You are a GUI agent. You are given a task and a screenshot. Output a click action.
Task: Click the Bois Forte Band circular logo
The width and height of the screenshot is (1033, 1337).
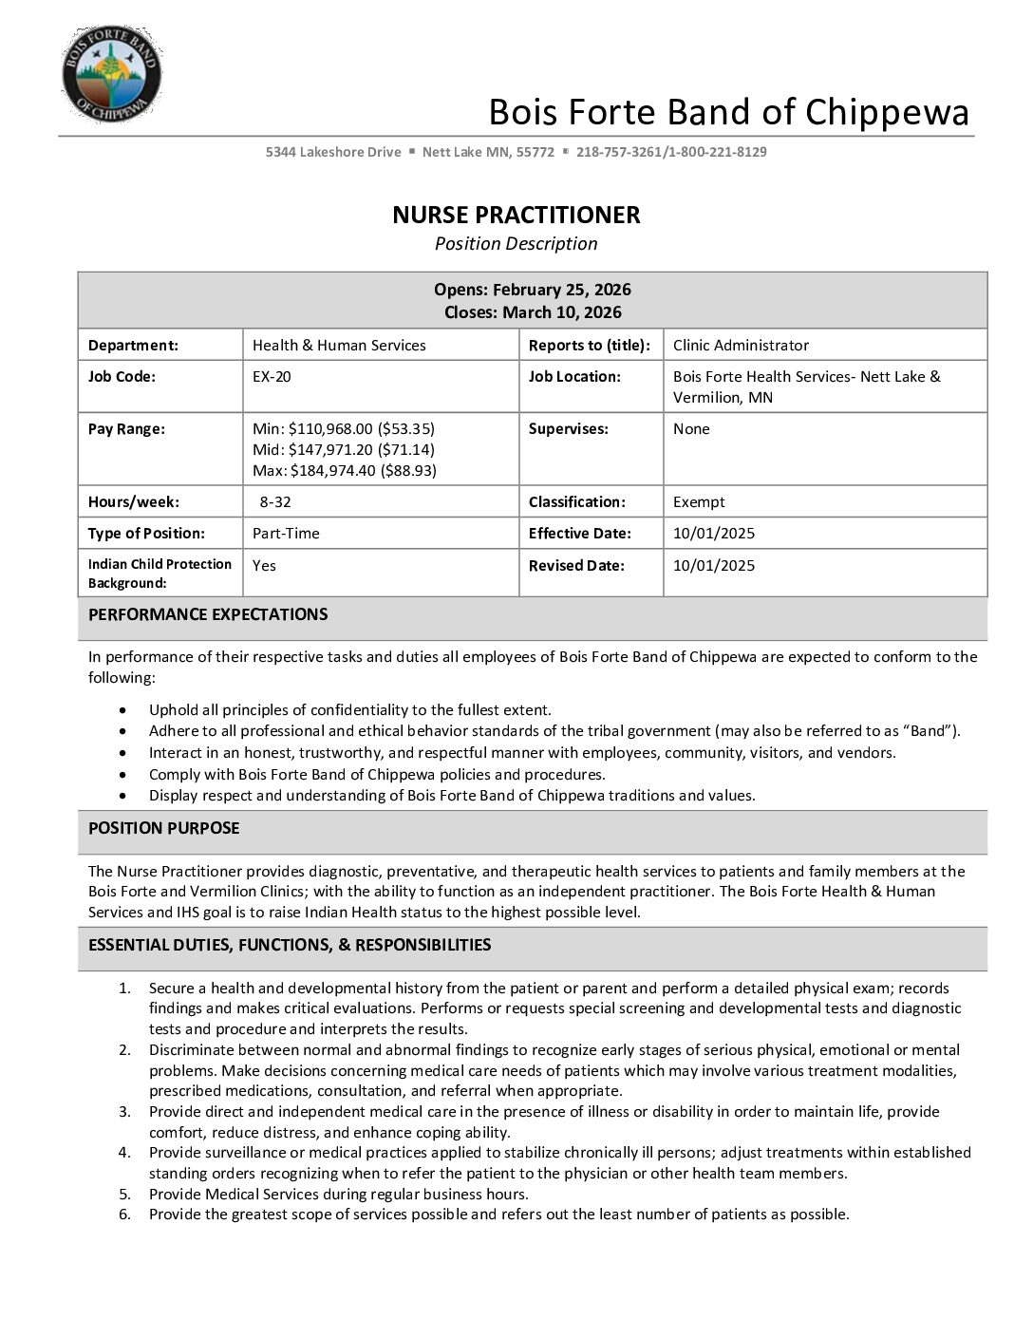pos(112,74)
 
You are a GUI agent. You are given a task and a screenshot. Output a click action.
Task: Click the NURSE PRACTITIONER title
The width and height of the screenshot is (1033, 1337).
pos(516,215)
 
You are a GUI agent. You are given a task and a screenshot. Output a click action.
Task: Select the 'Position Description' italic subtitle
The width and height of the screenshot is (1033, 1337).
pos(516,244)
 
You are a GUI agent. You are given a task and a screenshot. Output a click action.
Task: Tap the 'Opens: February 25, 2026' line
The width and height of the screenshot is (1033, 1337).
pos(532,290)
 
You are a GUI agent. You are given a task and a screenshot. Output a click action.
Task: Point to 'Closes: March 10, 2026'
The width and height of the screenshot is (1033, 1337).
pos(532,312)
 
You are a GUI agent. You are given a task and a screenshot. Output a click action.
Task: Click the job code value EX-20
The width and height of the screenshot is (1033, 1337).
pos(272,377)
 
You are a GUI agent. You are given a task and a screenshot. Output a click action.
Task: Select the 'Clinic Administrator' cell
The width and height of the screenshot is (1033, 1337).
pos(741,346)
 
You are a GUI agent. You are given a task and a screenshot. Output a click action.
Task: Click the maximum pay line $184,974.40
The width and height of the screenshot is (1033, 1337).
pos(345,471)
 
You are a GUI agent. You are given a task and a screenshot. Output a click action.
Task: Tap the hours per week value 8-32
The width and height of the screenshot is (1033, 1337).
pos(275,502)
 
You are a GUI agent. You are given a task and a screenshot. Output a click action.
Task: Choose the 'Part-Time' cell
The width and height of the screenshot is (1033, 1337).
pos(286,534)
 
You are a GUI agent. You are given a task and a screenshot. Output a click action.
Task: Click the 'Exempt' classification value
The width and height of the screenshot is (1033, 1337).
pos(699,502)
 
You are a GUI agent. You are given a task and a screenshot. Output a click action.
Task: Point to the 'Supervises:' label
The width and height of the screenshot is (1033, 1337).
pos(568,429)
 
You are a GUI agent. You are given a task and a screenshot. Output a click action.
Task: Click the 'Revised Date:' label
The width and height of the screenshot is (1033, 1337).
pos(576,566)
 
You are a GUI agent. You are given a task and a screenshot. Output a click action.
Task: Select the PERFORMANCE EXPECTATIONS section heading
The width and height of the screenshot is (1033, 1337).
pos(208,614)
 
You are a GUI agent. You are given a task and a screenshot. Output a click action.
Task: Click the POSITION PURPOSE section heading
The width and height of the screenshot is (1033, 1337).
pos(163,828)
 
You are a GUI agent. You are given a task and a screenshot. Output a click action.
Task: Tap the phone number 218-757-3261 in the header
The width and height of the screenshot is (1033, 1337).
pos(619,152)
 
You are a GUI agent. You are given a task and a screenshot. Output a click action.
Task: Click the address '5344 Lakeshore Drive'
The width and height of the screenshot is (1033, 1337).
pos(333,152)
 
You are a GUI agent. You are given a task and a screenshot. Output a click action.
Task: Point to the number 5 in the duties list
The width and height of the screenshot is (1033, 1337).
pos(124,1195)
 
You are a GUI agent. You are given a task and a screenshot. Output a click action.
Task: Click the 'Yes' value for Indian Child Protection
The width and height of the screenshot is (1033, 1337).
pos(264,566)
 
